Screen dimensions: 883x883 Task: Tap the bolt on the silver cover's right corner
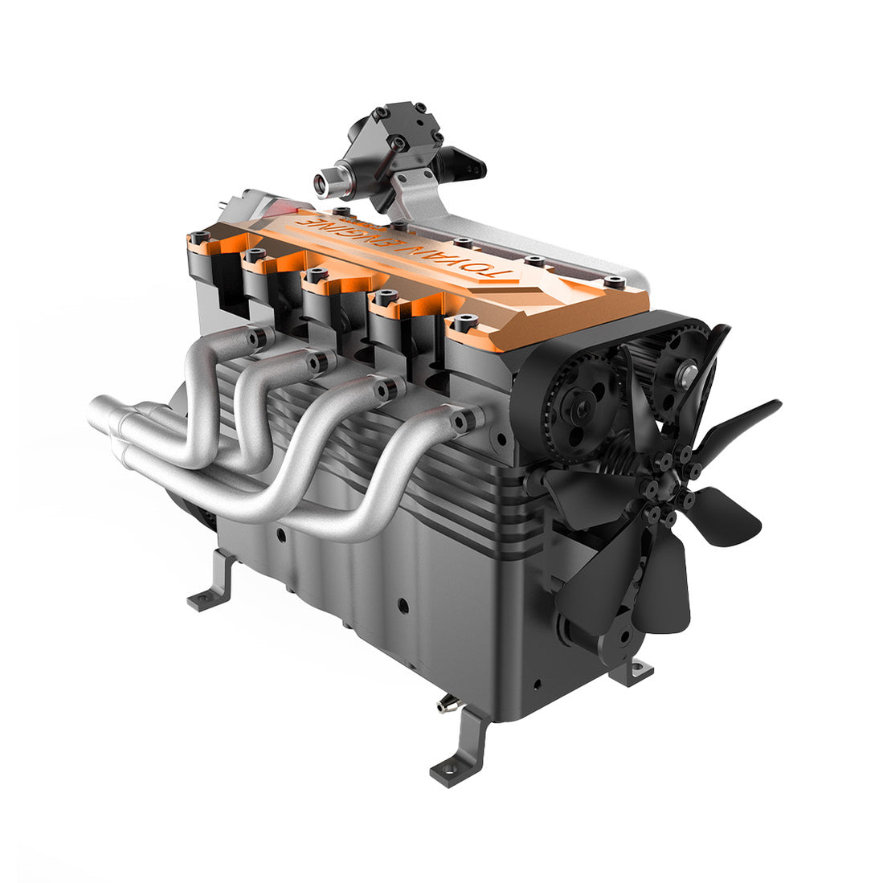[x=615, y=281]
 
